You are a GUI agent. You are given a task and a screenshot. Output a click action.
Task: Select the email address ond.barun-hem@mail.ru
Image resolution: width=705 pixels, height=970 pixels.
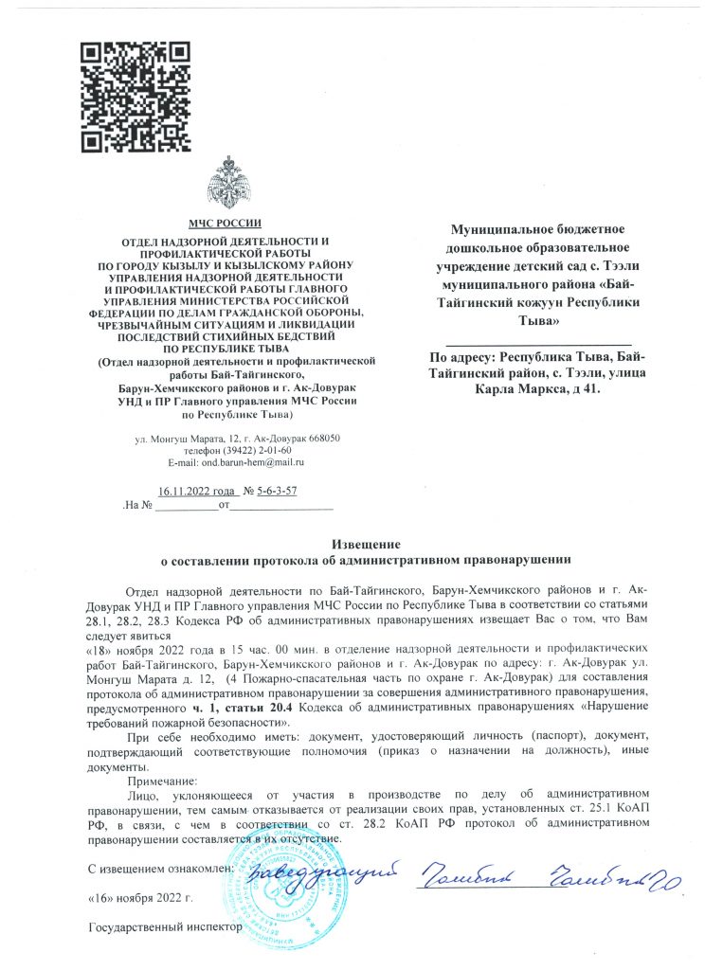235,461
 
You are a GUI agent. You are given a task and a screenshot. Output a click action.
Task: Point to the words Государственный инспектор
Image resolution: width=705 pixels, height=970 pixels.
159,925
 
